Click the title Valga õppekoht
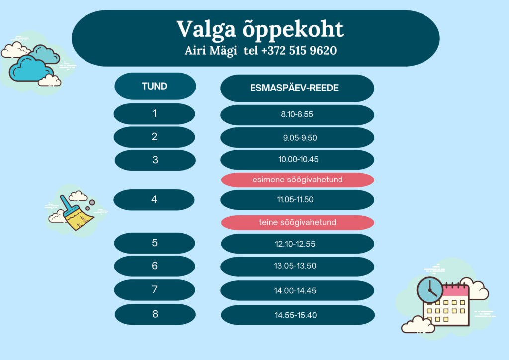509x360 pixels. pyautogui.click(x=260, y=30)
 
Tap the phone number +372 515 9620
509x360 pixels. pyautogui.click(x=299, y=50)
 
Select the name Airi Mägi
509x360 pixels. pyautogui.click(x=211, y=51)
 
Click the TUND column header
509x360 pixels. pyautogui.click(x=155, y=86)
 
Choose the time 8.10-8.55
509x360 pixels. pyautogui.click(x=297, y=114)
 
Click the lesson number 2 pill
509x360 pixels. pyautogui.click(x=154, y=137)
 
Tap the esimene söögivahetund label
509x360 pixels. pyautogui.click(x=297, y=180)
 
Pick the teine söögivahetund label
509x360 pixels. pyautogui.click(x=297, y=222)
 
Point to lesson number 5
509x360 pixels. pyautogui.click(x=155, y=243)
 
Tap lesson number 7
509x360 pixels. pyautogui.click(x=155, y=289)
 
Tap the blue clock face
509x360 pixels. pyautogui.click(x=430, y=290)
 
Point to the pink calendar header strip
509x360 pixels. pyautogui.click(x=456, y=291)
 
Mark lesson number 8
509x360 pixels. pyautogui.click(x=155, y=314)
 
